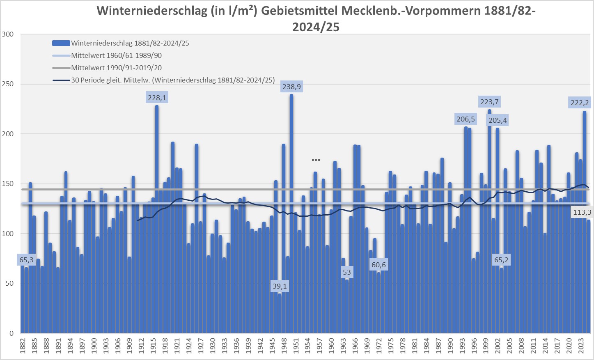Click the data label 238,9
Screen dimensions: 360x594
(291, 87)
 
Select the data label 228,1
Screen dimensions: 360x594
(157, 98)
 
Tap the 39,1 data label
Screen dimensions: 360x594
(280, 286)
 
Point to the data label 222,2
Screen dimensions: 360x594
(580, 103)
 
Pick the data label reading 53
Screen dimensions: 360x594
(347, 272)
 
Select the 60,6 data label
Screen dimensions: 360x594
(378, 265)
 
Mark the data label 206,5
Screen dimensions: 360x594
(466, 119)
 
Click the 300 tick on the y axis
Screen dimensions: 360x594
(8, 34)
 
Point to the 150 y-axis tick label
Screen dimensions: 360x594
(8, 184)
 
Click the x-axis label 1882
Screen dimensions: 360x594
(23, 346)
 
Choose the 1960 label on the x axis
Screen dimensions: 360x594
(331, 346)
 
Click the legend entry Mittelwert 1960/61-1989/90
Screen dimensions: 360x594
(116, 55)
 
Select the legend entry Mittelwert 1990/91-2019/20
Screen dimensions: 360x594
(116, 68)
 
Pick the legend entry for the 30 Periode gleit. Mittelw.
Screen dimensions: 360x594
(172, 80)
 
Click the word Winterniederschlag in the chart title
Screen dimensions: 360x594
(152, 11)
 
